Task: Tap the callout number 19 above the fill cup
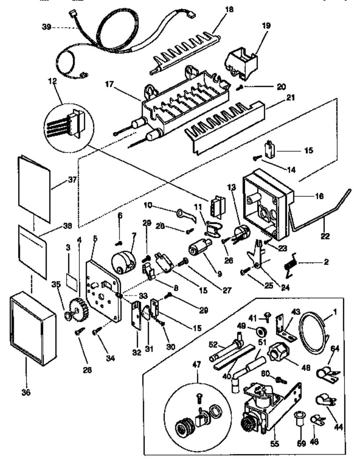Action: click(267, 26)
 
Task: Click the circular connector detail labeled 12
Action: click(68, 122)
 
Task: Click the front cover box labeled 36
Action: click(32, 326)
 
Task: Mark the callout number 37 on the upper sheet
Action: click(72, 179)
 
